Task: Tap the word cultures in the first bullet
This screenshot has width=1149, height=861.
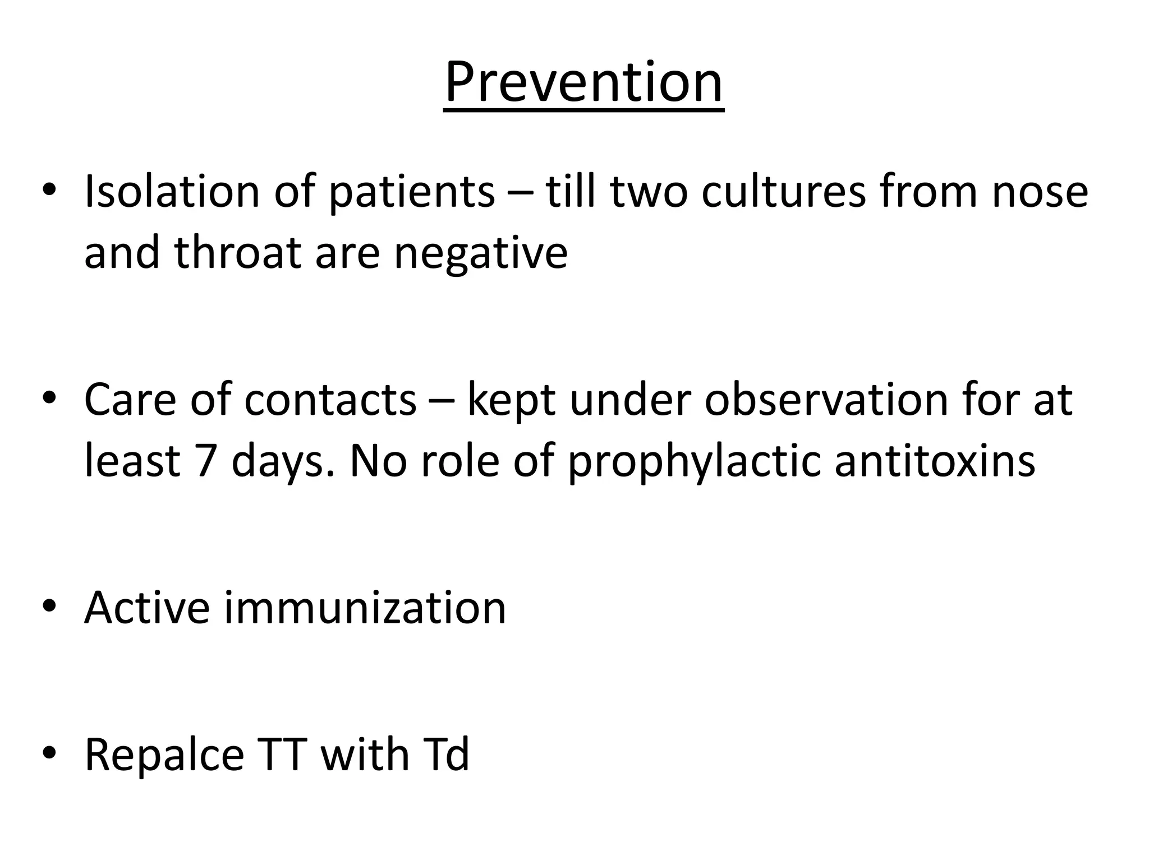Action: point(783,192)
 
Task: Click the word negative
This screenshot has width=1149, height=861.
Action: point(480,253)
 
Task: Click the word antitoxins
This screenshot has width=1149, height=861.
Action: point(934,461)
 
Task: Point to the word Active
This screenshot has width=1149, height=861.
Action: point(147,608)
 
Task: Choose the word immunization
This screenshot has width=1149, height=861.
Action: point(365,608)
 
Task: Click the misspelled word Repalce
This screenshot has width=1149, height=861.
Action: point(164,755)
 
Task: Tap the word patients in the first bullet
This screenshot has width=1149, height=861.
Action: point(411,192)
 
